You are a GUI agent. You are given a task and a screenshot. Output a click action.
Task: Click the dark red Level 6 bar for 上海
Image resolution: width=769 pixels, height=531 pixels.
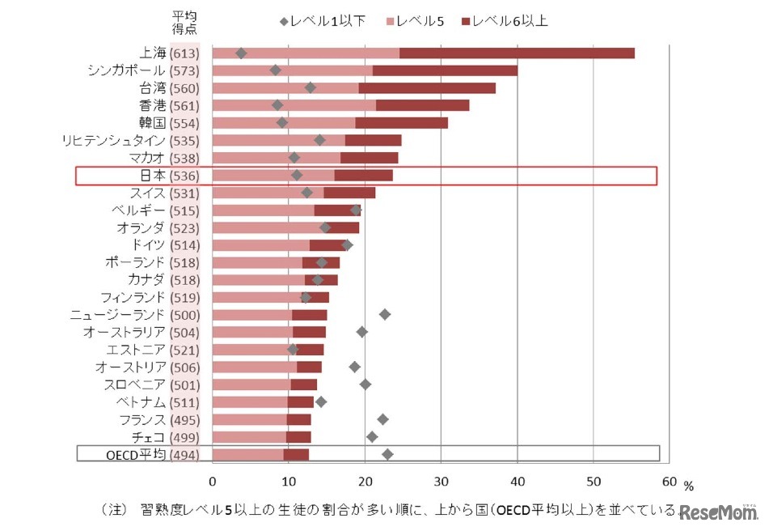[x=517, y=53]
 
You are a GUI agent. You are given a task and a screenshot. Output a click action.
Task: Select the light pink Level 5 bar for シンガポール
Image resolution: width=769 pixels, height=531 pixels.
[x=292, y=70]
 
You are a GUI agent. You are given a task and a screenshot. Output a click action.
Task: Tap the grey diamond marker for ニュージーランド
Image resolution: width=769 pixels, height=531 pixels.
[x=385, y=314]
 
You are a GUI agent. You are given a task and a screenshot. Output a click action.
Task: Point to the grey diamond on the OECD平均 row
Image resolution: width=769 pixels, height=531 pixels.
[x=387, y=454]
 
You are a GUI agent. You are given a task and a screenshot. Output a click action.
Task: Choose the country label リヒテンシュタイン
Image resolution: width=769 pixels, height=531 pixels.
[x=113, y=140]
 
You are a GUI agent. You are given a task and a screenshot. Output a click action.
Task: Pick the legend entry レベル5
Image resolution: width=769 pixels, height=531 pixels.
[x=417, y=21]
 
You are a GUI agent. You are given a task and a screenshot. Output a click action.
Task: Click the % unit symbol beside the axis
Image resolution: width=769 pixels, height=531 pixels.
[x=688, y=486]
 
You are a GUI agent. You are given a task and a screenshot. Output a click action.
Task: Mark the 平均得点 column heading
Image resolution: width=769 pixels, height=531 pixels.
[x=184, y=22]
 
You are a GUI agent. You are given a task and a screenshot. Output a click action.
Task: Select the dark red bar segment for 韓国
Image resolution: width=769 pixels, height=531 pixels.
[x=401, y=123]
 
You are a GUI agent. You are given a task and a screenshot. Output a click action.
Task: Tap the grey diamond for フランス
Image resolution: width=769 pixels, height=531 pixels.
[x=382, y=419]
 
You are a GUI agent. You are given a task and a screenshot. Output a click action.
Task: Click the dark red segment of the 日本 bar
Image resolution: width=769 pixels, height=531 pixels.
[x=363, y=176]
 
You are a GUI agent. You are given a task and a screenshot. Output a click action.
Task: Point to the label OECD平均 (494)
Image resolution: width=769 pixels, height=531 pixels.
[x=152, y=454]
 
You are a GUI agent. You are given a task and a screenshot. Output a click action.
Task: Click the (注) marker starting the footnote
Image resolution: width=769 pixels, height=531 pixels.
[x=113, y=510]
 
